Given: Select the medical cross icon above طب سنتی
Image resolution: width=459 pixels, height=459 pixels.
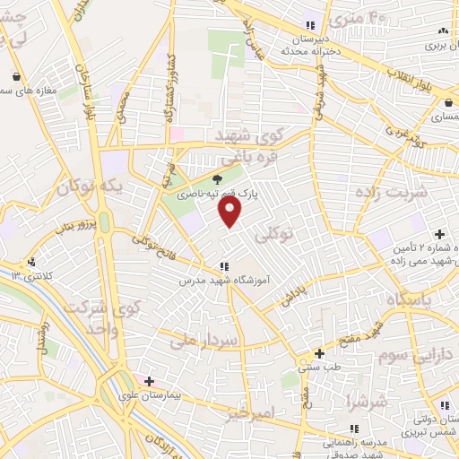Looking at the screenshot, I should (319, 353).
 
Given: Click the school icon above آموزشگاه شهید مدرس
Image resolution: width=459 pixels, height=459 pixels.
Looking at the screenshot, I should (224, 265).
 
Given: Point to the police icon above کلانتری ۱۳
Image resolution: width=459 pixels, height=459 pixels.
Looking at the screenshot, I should (32, 263).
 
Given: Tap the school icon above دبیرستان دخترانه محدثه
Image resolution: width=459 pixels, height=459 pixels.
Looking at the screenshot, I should (310, 26).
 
